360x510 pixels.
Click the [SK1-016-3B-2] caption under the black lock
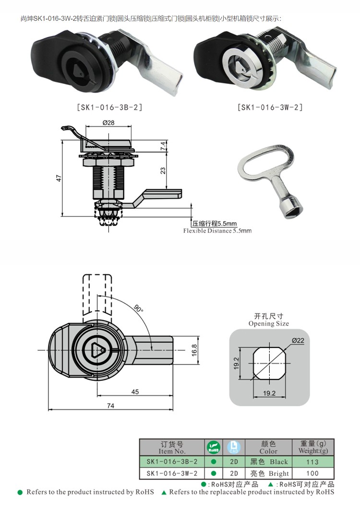109,107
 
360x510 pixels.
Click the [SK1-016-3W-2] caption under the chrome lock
270,107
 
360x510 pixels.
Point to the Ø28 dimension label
108,122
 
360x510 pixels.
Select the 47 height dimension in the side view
59,178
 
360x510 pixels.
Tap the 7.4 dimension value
163,146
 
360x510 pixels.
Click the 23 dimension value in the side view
163,170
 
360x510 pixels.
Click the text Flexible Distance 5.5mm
217,231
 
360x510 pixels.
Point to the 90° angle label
138,308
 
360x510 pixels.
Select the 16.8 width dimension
194,350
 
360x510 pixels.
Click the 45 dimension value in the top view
135,392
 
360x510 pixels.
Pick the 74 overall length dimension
111,405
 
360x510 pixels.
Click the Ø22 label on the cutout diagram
298,341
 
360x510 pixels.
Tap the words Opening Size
268,324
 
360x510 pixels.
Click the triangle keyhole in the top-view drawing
97,350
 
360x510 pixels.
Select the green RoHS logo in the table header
214,448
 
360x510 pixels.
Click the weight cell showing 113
312,462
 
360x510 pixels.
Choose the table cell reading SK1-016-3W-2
172,473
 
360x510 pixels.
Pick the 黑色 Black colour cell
268,462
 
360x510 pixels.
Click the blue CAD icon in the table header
234,447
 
